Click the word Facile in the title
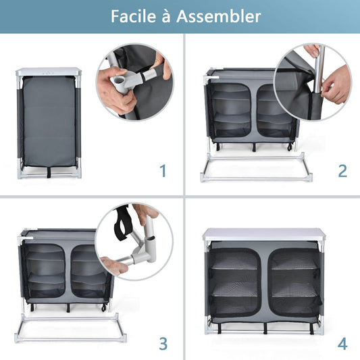tap(137, 17)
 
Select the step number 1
tap(163, 170)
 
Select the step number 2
tap(342, 170)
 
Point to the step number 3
tap(163, 343)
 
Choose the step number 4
tap(342, 343)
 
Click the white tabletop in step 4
tap(263, 234)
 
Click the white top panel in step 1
tap(49, 70)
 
